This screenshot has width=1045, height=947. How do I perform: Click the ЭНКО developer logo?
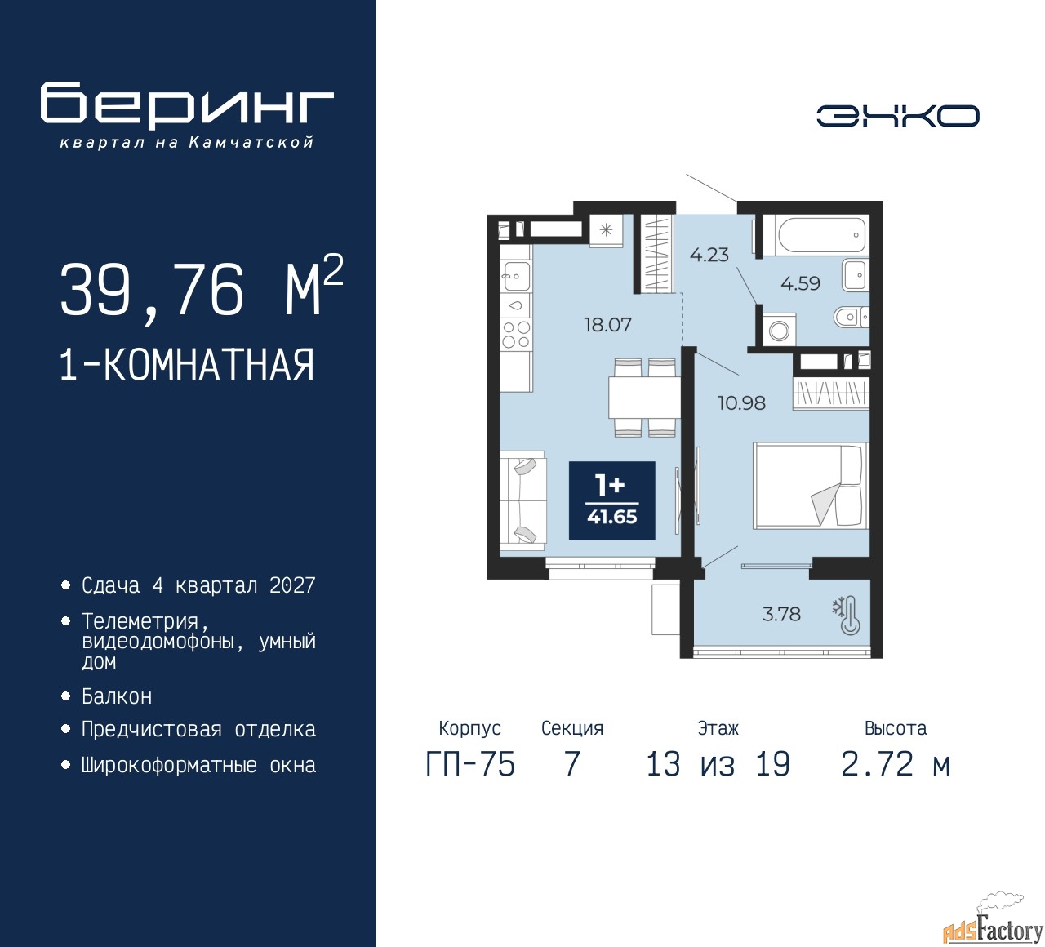[897, 116]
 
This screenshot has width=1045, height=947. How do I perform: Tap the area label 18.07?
[607, 325]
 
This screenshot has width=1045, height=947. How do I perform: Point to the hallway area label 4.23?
[709, 255]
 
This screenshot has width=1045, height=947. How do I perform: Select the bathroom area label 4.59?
[800, 283]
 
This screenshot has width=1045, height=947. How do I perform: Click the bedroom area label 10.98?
[741, 402]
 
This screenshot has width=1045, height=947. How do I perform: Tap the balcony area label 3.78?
[781, 614]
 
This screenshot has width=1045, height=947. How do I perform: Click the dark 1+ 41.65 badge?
[611, 500]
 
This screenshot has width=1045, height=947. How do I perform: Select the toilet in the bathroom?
[852, 316]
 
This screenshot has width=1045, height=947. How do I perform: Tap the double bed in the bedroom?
[811, 486]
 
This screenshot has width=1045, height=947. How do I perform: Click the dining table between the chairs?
[644, 397]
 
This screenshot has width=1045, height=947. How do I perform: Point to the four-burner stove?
[516, 334]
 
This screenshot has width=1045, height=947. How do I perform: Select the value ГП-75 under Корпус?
[470, 764]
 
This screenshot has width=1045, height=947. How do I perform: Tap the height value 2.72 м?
[896, 764]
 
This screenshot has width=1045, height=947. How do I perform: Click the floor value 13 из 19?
[718, 764]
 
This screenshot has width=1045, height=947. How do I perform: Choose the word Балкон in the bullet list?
[117, 696]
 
